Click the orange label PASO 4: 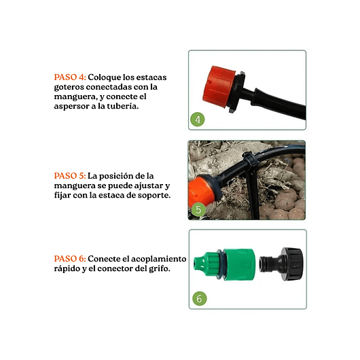point(70,77)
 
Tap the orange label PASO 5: point(70,176)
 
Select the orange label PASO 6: point(70,259)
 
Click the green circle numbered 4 point(198,120)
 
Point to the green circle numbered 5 point(198,209)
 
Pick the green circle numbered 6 point(200,298)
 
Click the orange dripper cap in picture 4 point(218,87)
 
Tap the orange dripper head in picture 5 point(200,191)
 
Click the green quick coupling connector point(224,264)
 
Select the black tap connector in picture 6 point(281,264)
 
